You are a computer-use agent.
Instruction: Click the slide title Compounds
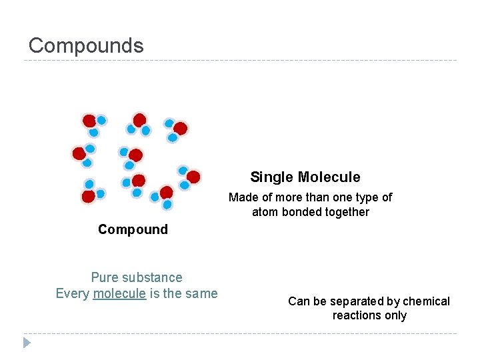[86, 45]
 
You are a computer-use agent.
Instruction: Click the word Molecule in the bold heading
[329, 177]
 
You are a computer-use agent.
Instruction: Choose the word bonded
[301, 212]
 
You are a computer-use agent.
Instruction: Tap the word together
[347, 212]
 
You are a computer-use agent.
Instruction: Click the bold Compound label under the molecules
[133, 229]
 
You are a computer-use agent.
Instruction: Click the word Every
[73, 293]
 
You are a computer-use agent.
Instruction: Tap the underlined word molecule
[119, 293]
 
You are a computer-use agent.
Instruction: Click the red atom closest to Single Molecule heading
[193, 177]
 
